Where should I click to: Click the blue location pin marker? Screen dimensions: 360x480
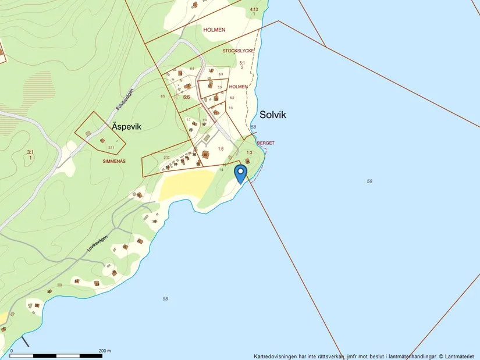240,173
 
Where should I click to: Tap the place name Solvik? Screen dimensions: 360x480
273,115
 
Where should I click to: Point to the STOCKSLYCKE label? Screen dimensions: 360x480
238,51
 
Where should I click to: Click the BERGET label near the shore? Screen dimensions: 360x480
265,142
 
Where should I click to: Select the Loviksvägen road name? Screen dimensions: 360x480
98,242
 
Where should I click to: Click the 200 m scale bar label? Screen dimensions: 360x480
105,351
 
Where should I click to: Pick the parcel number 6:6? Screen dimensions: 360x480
186,98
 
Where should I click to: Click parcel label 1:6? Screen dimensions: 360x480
221,149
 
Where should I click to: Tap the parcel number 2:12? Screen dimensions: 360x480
166,158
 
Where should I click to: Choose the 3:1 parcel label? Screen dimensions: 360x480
30,152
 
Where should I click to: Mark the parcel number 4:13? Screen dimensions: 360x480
254,9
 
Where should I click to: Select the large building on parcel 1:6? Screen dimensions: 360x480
205,154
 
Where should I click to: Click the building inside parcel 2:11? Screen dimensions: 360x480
102,140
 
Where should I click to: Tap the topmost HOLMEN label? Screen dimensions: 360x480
214,29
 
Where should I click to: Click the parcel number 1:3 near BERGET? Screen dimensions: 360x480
249,152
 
